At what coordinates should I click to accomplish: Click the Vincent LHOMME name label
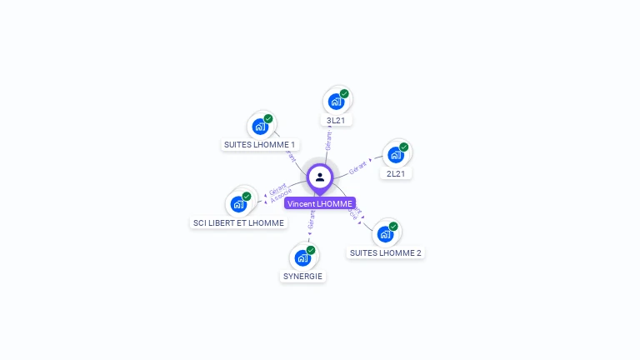(320, 203)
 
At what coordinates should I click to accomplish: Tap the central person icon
(320, 177)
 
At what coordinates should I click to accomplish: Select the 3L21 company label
(336, 121)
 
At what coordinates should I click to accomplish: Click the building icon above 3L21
(336, 102)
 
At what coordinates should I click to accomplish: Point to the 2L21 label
(396, 174)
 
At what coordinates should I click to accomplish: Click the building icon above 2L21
(396, 155)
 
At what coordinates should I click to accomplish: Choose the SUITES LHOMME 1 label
(259, 144)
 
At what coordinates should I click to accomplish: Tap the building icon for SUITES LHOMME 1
(260, 127)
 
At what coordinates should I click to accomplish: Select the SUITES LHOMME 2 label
(385, 252)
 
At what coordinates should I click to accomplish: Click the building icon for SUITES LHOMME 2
(385, 233)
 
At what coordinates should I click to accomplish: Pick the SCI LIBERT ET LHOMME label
(238, 222)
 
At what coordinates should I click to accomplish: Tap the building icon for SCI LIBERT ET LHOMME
(238, 203)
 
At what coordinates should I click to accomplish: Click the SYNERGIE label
(302, 276)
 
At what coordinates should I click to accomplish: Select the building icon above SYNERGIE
(302, 257)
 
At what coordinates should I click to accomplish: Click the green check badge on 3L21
(344, 94)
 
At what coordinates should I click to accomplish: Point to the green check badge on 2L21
(404, 147)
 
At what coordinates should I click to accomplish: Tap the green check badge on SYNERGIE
(311, 250)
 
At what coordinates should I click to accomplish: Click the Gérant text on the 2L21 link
(357, 167)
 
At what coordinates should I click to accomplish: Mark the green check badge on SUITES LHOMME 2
(393, 226)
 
